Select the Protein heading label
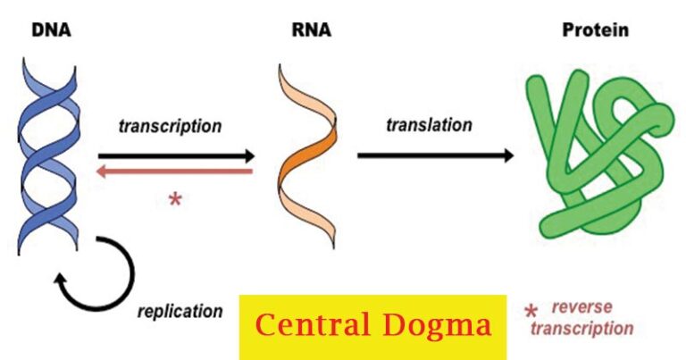tap(595, 29)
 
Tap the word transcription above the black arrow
tap(170, 126)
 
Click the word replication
tap(180, 311)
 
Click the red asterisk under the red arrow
tap(175, 199)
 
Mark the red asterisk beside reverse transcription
tap(531, 312)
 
